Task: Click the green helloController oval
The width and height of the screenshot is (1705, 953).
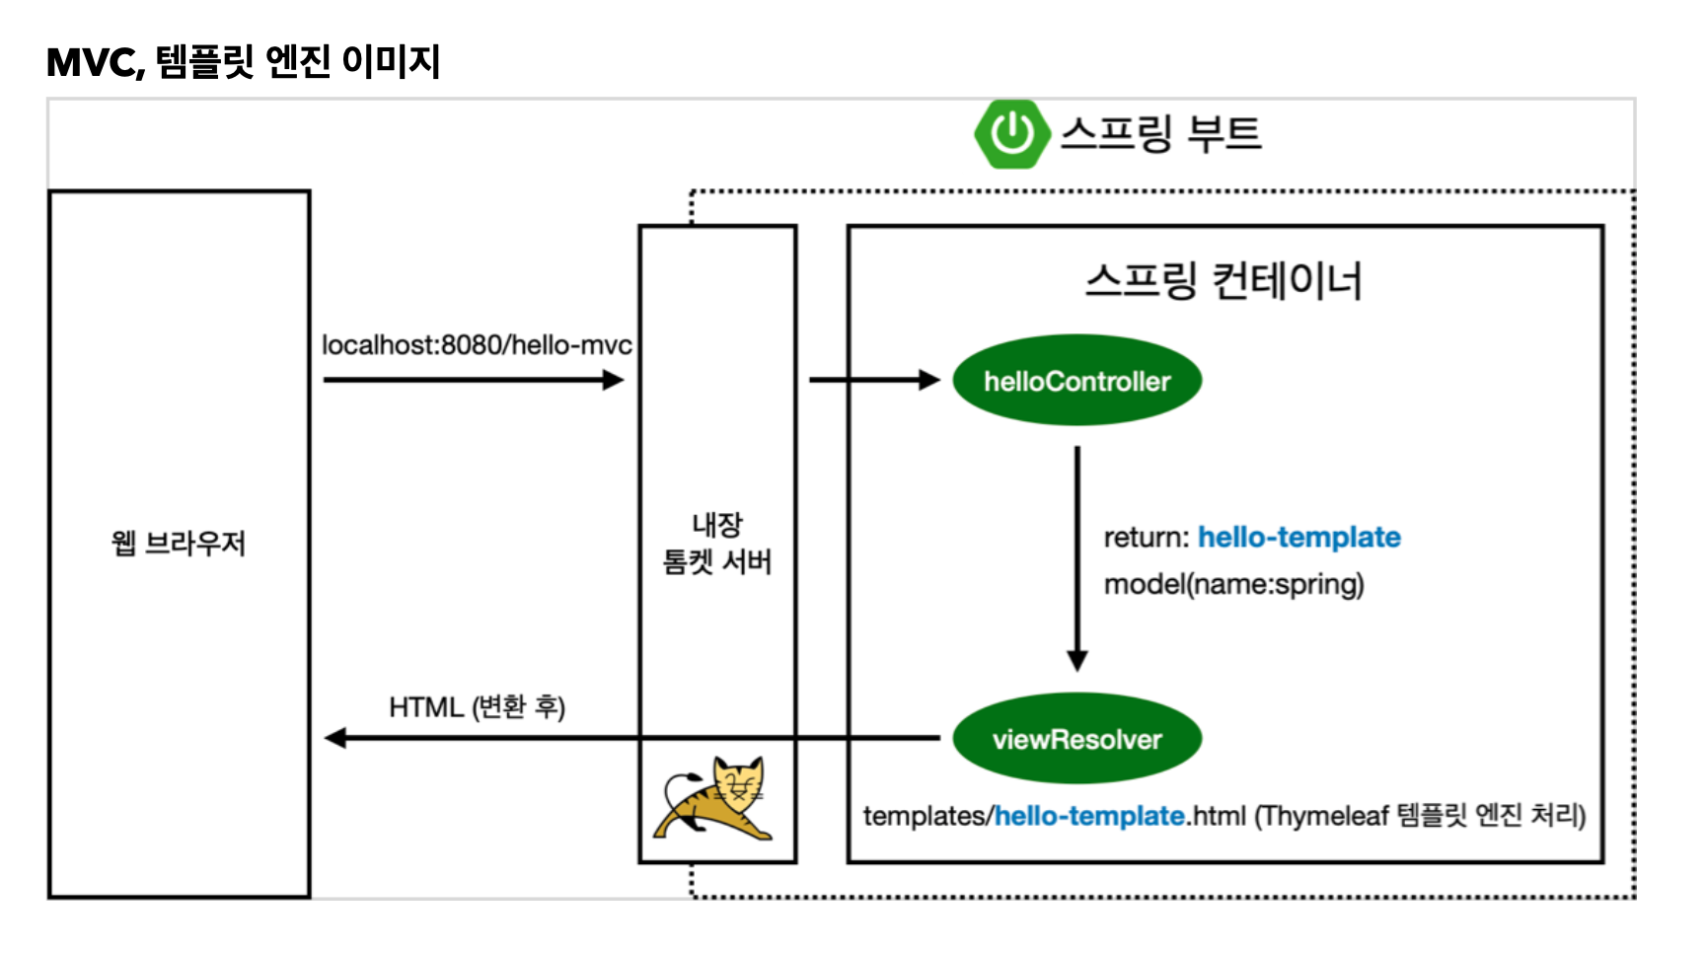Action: tap(1076, 381)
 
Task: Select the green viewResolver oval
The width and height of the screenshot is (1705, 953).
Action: tap(1076, 739)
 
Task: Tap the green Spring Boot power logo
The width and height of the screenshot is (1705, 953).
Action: tap(1010, 133)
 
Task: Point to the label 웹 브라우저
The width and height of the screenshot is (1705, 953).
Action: tap(179, 543)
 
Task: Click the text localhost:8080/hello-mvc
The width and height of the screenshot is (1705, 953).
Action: tap(477, 345)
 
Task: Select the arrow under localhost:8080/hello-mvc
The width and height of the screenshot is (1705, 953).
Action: tap(474, 380)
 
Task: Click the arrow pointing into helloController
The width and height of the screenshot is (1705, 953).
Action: tap(873, 380)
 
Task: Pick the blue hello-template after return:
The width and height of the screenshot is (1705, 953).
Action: tap(1298, 538)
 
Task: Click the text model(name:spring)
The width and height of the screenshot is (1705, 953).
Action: tap(1233, 585)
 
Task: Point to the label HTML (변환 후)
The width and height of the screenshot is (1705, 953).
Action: tap(477, 707)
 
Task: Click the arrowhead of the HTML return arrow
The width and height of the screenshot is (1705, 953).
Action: tap(336, 738)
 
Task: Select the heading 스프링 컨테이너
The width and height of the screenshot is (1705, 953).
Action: tap(1223, 281)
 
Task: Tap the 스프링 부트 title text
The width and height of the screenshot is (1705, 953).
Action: tap(1161, 133)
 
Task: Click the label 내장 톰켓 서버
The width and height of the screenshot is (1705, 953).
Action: tap(717, 544)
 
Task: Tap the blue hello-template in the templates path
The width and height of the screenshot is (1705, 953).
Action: tap(1089, 817)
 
